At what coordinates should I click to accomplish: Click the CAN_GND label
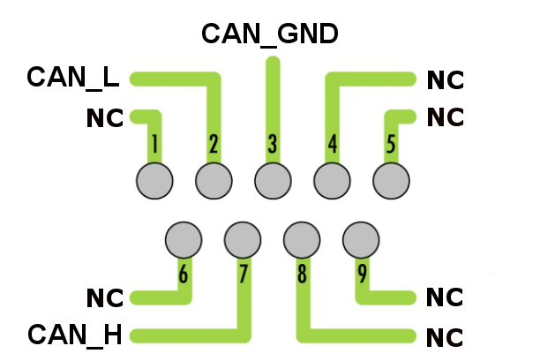pyautogui.click(x=270, y=34)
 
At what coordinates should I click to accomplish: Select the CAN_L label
pyautogui.click(x=72, y=77)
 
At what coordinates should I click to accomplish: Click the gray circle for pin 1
pyautogui.click(x=155, y=181)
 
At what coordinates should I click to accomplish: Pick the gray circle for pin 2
pyautogui.click(x=214, y=181)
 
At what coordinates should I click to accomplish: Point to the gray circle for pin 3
pyautogui.click(x=273, y=181)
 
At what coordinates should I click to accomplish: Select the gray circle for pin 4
pyautogui.click(x=332, y=181)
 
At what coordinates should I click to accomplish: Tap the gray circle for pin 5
pyautogui.click(x=391, y=181)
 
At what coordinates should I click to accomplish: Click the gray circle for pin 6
pyautogui.click(x=184, y=238)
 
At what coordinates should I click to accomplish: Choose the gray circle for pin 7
pyautogui.click(x=243, y=238)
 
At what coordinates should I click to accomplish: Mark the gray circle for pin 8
pyautogui.click(x=302, y=238)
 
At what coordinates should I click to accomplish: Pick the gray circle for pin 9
pyautogui.click(x=360, y=238)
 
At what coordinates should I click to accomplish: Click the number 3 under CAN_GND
pyautogui.click(x=273, y=144)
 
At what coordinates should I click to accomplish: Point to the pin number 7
pyautogui.click(x=243, y=275)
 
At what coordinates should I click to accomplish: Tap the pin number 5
pyautogui.click(x=391, y=144)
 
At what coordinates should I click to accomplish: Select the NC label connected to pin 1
pyautogui.click(x=105, y=118)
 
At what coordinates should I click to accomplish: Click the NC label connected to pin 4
pyautogui.click(x=445, y=80)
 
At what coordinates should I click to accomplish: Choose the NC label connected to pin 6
pyautogui.click(x=105, y=297)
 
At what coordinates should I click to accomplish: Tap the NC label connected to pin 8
pyautogui.click(x=445, y=337)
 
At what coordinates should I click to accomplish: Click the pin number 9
pyautogui.click(x=362, y=275)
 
